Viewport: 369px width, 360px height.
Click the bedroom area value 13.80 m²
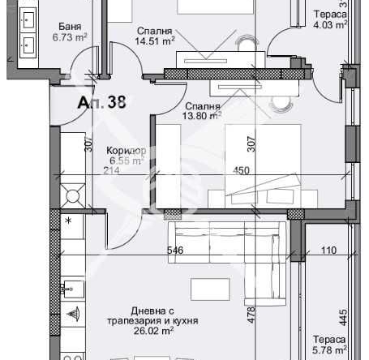202,116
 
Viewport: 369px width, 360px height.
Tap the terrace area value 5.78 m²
328,349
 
